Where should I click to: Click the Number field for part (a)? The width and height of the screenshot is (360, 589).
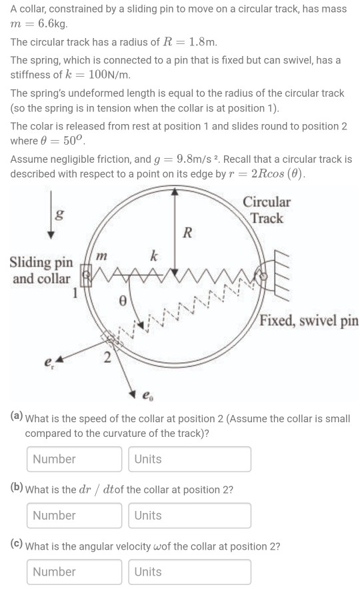(75, 459)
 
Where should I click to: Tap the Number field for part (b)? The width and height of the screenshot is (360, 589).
(75, 516)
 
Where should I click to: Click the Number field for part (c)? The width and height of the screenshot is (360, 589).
(75, 572)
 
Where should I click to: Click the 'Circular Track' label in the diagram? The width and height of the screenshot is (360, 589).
(267, 210)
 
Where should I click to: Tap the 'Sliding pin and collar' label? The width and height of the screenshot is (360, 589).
(40, 270)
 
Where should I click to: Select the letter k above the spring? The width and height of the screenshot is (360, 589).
(153, 255)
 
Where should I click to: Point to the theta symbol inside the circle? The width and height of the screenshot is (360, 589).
(122, 302)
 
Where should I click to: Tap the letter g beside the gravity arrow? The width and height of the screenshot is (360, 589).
(60, 215)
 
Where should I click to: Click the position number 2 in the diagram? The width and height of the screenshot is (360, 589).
(107, 360)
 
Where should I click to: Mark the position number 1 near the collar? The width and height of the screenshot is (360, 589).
(75, 291)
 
